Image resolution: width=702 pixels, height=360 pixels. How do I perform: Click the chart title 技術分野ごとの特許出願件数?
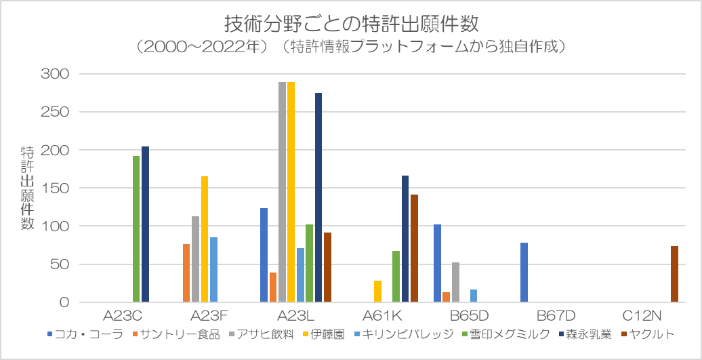(351, 24)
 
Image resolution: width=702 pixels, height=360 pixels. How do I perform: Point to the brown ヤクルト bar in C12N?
(674, 274)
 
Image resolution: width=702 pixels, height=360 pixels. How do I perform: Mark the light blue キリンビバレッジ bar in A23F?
(213, 270)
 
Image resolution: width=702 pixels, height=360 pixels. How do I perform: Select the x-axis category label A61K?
(382, 316)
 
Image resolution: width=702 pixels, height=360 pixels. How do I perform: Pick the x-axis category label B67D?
(556, 316)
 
